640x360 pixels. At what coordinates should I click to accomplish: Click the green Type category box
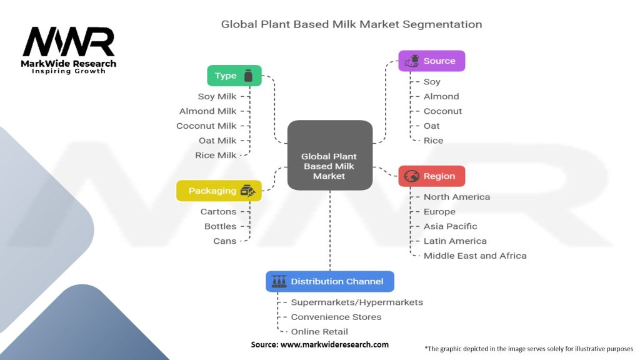click(x=234, y=76)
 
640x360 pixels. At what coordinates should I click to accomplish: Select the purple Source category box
click(x=431, y=61)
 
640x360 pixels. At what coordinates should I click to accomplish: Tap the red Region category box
click(x=431, y=176)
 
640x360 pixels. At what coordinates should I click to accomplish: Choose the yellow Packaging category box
click(x=218, y=191)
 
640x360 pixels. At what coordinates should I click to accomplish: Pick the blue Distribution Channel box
click(x=329, y=281)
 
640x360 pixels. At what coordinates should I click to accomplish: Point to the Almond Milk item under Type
click(x=208, y=111)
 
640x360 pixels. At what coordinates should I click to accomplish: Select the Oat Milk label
click(x=217, y=141)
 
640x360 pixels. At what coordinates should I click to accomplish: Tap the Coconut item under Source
click(x=442, y=111)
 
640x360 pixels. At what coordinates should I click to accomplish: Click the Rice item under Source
click(x=433, y=141)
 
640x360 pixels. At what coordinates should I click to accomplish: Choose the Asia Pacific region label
click(x=450, y=226)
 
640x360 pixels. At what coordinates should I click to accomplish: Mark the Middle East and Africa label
click(x=475, y=256)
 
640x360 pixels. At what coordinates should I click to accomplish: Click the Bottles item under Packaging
click(x=221, y=226)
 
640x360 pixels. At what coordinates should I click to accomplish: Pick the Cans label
click(x=225, y=241)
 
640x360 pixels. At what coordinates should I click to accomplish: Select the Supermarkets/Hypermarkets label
click(x=357, y=302)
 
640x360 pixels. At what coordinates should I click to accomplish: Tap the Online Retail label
click(x=319, y=332)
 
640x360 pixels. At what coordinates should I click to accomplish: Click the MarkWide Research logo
click(x=69, y=50)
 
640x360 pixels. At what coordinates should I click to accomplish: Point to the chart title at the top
click(x=351, y=25)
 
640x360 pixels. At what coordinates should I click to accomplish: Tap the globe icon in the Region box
click(x=411, y=176)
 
